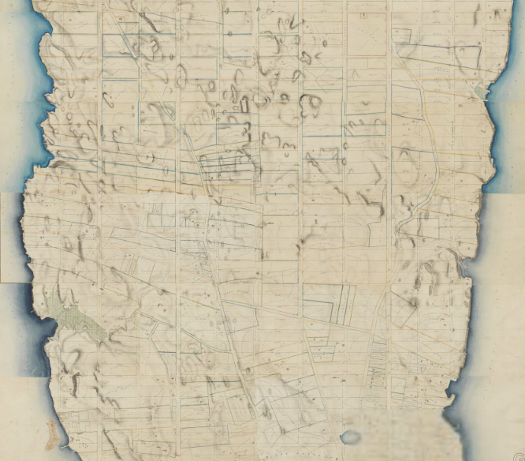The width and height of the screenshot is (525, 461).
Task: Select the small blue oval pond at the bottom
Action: point(351,437)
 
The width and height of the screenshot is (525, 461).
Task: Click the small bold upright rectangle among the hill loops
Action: point(244,101)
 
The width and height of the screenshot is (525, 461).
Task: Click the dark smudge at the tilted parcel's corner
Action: point(413,301)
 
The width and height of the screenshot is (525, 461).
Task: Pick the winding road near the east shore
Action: point(429,158)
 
